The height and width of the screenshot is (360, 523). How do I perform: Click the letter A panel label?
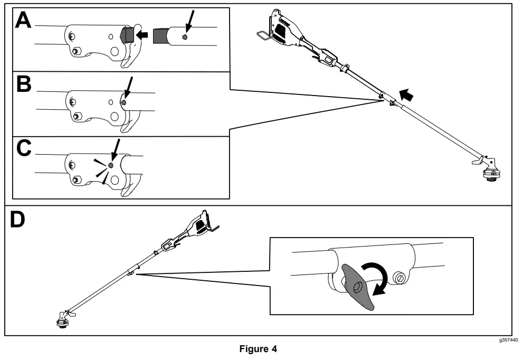tap(24, 21)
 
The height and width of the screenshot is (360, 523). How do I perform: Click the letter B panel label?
tap(24, 84)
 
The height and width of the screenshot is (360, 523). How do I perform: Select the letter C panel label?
tap(24, 149)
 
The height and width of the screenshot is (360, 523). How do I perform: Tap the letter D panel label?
tap(18, 220)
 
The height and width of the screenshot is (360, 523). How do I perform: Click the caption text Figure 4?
tap(258, 349)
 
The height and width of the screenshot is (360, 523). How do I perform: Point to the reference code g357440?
tap(508, 341)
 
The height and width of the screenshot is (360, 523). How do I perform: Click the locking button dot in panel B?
tap(123, 103)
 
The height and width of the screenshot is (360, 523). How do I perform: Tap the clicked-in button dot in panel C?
tap(110, 165)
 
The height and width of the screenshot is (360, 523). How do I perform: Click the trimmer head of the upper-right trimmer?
tap(491, 171)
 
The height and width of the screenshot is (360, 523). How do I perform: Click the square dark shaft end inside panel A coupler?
tap(127, 35)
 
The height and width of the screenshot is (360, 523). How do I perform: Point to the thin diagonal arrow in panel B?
tap(128, 87)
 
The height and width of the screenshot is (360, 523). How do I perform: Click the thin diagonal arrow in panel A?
tap(189, 23)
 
